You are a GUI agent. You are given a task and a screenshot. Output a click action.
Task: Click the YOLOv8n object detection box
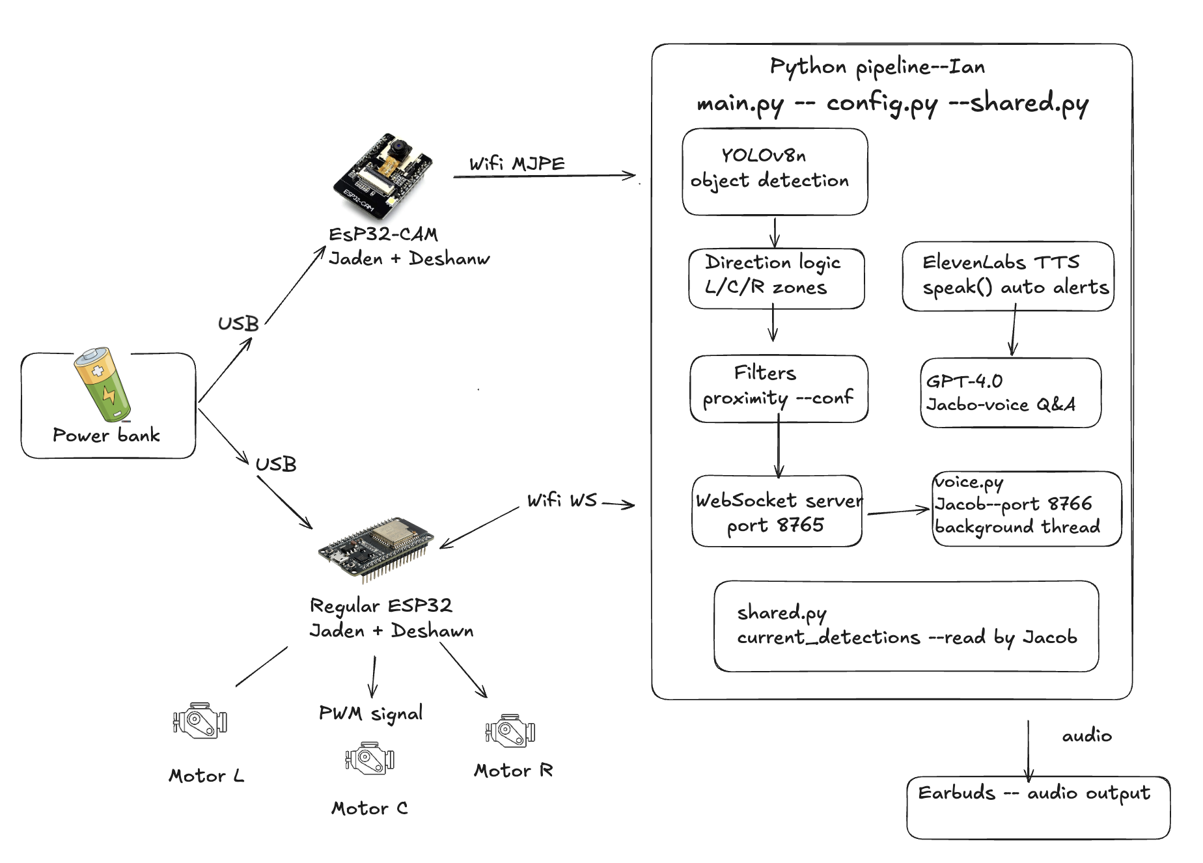[775, 171]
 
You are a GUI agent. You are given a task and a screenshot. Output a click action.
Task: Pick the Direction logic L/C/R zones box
[776, 278]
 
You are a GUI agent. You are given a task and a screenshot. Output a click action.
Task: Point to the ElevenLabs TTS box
[1007, 276]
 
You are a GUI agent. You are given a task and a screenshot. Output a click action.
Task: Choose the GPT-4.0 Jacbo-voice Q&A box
[1010, 392]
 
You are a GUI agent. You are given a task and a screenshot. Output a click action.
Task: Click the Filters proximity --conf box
[779, 389]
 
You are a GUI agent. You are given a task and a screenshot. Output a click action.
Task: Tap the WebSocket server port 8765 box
[777, 512]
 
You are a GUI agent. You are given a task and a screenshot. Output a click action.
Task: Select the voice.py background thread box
[1026, 508]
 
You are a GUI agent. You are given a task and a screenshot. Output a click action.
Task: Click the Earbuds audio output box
[1038, 807]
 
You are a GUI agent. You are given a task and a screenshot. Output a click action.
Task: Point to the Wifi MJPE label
[517, 163]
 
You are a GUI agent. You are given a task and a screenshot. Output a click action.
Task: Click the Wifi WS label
[562, 500]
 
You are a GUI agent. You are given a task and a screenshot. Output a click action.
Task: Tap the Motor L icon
[200, 720]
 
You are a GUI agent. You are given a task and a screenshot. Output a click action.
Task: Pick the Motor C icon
[369, 758]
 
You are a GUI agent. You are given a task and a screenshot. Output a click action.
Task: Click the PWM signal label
[370, 713]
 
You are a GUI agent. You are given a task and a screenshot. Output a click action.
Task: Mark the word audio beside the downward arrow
[1086, 736]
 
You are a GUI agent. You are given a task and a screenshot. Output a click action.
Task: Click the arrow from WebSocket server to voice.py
[898, 512]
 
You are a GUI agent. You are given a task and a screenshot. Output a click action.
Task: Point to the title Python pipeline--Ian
[877, 67]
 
